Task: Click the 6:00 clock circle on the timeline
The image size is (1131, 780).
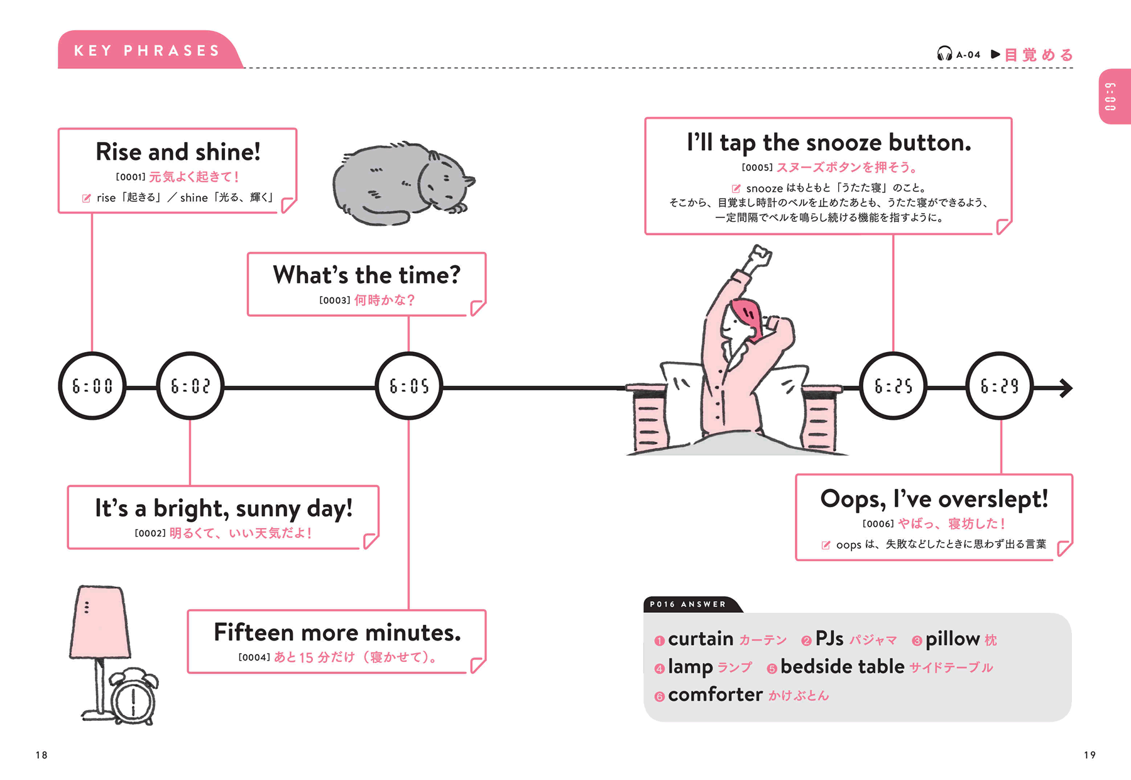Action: point(92,386)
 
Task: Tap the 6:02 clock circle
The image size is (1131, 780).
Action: point(190,386)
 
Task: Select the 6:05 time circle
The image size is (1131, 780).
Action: point(409,386)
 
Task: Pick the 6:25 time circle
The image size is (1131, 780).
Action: point(893,386)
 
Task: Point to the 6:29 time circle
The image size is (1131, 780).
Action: point(1000,386)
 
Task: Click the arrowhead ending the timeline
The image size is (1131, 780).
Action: point(1066,388)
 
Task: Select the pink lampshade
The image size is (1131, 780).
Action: point(100,622)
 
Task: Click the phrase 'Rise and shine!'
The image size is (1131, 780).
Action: point(178,152)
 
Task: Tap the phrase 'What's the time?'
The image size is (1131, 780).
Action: point(366,275)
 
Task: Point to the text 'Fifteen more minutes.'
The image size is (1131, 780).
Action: point(337,632)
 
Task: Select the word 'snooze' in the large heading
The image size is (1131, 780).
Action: point(843,143)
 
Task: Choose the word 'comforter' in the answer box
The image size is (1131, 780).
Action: point(715,695)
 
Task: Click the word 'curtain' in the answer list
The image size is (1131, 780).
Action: point(701,639)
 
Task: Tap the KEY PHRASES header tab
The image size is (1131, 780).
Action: point(148,50)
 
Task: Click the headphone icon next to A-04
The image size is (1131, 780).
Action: point(944,54)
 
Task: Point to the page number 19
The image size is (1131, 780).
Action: point(1090,755)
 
